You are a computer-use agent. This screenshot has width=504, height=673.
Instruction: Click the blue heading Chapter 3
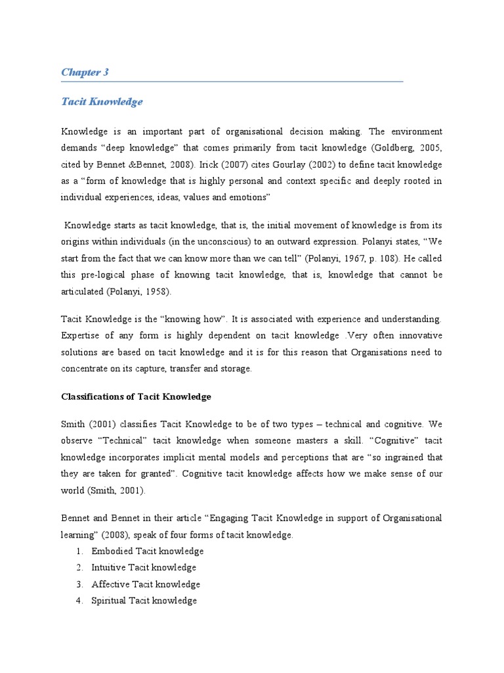coord(85,72)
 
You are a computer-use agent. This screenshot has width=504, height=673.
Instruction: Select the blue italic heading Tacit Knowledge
coord(102,102)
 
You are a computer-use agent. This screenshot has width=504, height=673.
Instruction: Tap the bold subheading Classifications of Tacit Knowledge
coord(136,396)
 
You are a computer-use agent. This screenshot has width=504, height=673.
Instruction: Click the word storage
coord(237,368)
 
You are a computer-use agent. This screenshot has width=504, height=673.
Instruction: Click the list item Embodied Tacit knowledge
coord(148,551)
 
